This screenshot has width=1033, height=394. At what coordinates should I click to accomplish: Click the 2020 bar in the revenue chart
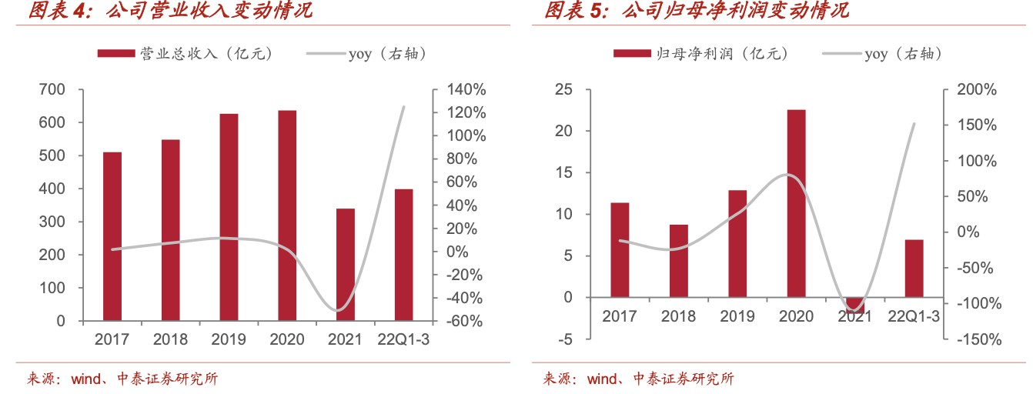pyautogui.click(x=287, y=215)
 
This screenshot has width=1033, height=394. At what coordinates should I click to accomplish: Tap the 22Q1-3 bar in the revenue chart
pyautogui.click(x=404, y=255)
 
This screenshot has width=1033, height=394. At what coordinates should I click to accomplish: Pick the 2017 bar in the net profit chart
pyautogui.click(x=620, y=249)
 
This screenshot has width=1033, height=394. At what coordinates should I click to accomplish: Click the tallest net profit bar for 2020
pyautogui.click(x=796, y=203)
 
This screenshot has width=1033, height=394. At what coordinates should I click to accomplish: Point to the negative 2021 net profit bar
pyautogui.click(x=854, y=306)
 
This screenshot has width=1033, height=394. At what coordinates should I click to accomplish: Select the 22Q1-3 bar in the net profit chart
pyautogui.click(x=914, y=268)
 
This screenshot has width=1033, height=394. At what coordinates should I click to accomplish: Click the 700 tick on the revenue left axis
pyautogui.click(x=52, y=90)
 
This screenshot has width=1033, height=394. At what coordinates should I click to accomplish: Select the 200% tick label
pyautogui.click(x=977, y=90)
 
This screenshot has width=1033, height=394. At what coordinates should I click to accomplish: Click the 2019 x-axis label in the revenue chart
pyautogui.click(x=229, y=339)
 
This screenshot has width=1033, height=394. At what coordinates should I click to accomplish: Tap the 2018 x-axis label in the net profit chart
pyautogui.click(x=678, y=316)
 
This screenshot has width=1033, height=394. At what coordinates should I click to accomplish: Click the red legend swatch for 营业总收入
pyautogui.click(x=115, y=54)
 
